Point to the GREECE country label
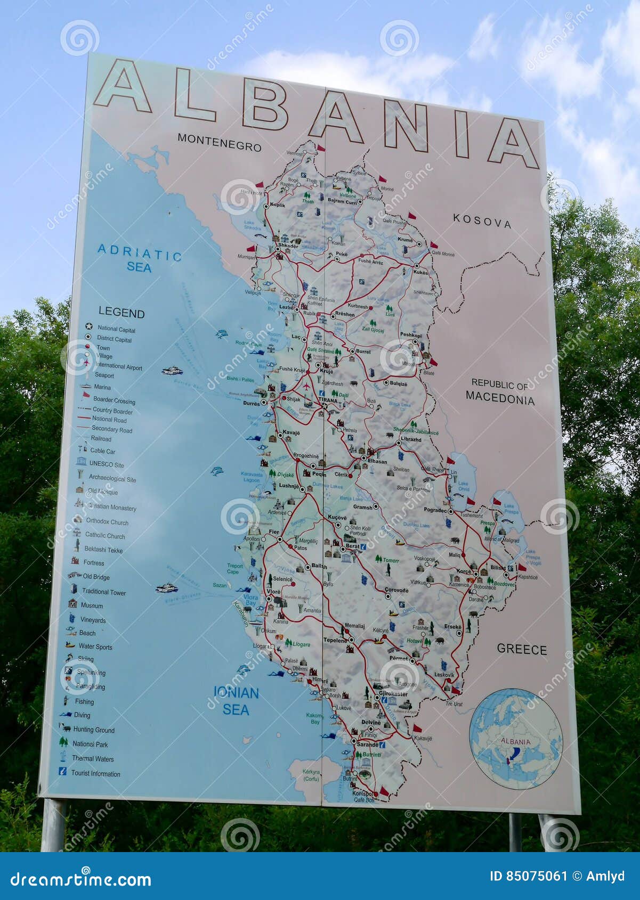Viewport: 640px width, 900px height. point(522,649)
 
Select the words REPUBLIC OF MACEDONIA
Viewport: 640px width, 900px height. point(499,392)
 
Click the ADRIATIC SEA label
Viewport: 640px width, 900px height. point(140,258)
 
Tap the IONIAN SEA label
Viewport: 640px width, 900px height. point(236,701)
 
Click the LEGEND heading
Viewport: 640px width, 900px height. point(121,313)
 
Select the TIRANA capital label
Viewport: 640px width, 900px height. point(328,400)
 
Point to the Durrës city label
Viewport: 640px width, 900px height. point(252,403)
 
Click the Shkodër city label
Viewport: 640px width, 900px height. point(288,246)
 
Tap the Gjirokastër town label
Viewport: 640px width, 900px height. point(393,694)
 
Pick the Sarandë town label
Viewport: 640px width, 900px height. point(367,744)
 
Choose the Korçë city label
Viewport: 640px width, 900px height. point(464,571)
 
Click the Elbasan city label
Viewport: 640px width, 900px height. point(377,461)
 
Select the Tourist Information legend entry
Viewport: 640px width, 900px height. point(95,773)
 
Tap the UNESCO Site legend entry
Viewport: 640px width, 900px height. point(106,464)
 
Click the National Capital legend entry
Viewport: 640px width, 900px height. point(116,329)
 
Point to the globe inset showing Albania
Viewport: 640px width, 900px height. point(515,739)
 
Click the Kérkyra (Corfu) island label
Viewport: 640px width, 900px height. point(311,775)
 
